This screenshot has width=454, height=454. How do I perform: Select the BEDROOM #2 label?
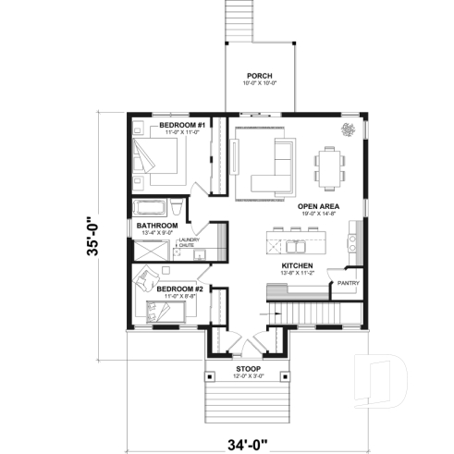pyautogui.click(x=179, y=288)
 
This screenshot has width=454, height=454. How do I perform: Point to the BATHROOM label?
pyautogui.click(x=157, y=225)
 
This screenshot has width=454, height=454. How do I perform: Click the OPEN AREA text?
pyautogui.click(x=317, y=206)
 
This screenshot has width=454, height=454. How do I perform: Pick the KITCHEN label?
pyautogui.click(x=298, y=266)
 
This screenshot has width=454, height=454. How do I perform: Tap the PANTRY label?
pyautogui.click(x=348, y=283)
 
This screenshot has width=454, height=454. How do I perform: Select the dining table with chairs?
pyautogui.click(x=331, y=165)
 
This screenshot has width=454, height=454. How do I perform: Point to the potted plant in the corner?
pyautogui.click(x=348, y=129)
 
